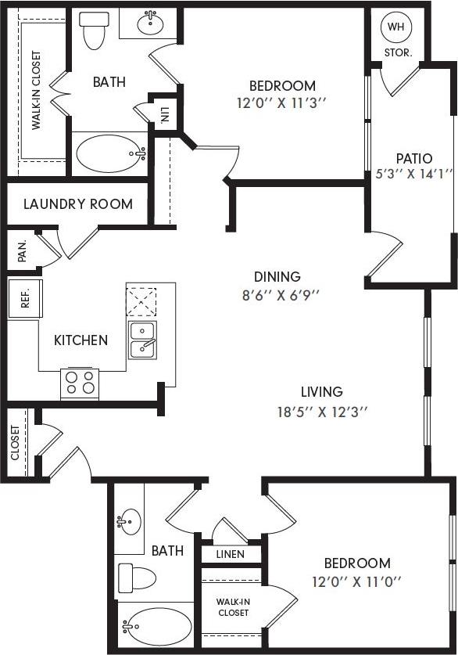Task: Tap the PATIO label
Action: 413,158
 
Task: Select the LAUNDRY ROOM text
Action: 77,204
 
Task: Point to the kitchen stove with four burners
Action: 80,383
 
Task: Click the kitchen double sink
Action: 142,340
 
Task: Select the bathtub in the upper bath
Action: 110,153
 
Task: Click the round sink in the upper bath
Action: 150,24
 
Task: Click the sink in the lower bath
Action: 130,520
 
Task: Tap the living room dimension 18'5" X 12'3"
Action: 322,410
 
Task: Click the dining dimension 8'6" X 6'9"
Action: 277,295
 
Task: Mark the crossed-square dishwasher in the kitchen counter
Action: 141,301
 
